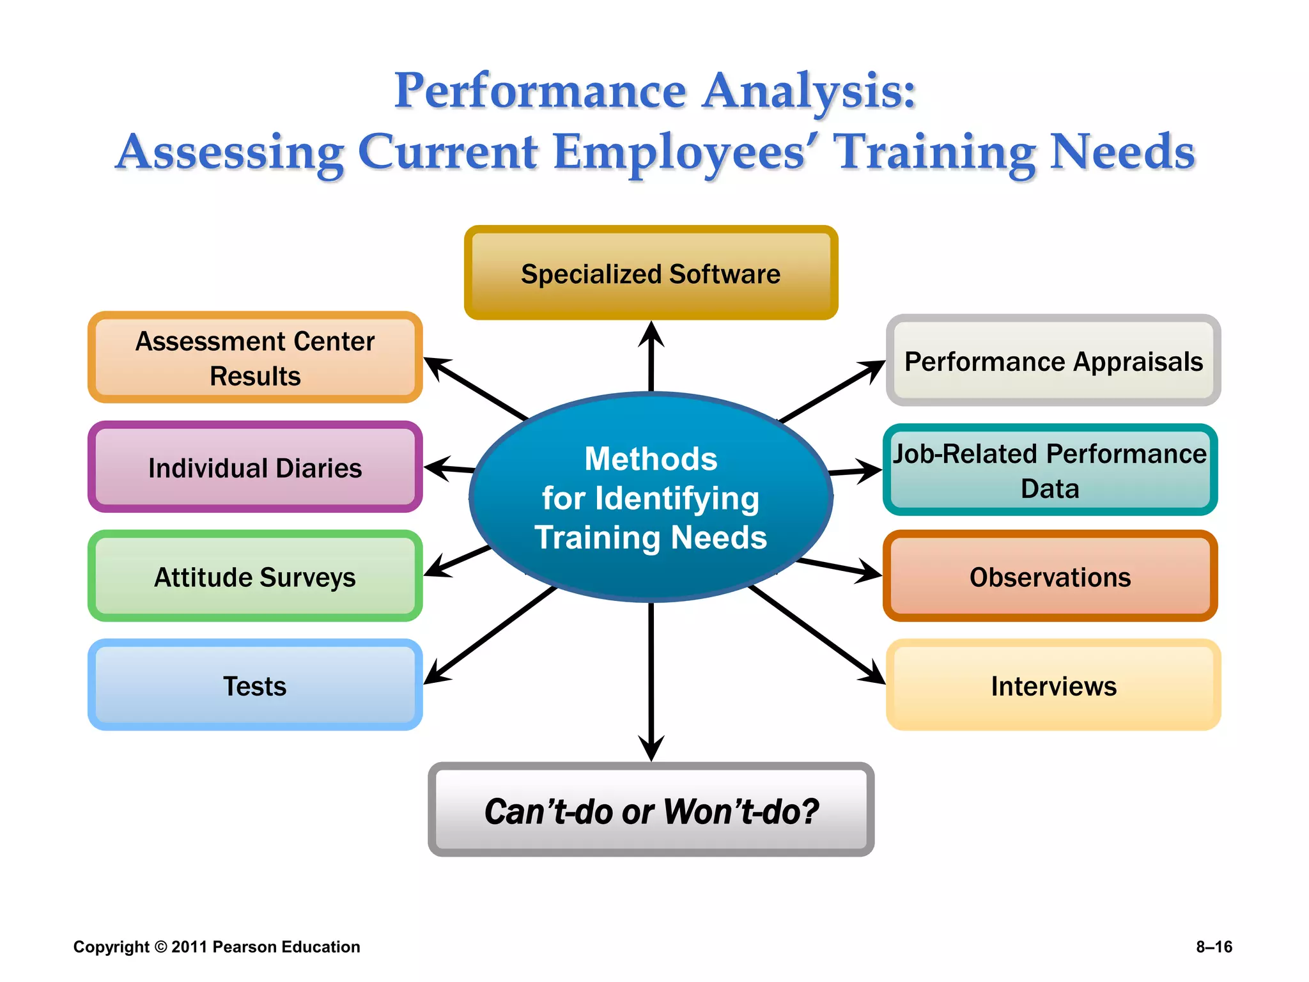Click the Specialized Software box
(651, 273)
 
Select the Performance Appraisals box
(1053, 361)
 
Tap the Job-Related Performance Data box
(1050, 470)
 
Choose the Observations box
(1050, 576)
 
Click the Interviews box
(1053, 685)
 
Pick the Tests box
(254, 685)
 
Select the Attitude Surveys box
(254, 576)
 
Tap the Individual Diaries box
(254, 467)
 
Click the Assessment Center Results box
(254, 358)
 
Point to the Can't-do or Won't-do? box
(651, 810)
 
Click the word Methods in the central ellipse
(651, 458)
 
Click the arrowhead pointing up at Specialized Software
(651, 334)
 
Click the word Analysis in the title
(808, 90)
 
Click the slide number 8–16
(1214, 947)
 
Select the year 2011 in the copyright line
(189, 947)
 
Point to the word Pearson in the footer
(245, 947)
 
